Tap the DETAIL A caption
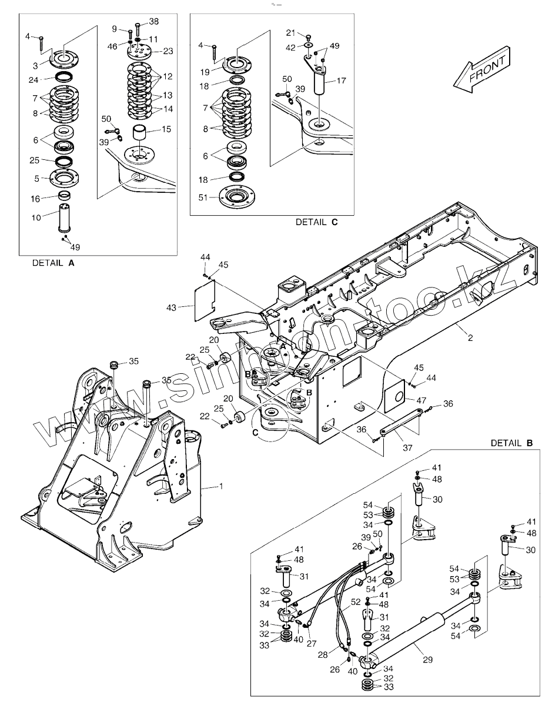pos(53,264)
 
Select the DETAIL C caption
pos(317,222)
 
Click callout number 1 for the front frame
pos(221,486)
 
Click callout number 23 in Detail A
pos(168,51)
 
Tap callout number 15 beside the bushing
pos(167,128)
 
